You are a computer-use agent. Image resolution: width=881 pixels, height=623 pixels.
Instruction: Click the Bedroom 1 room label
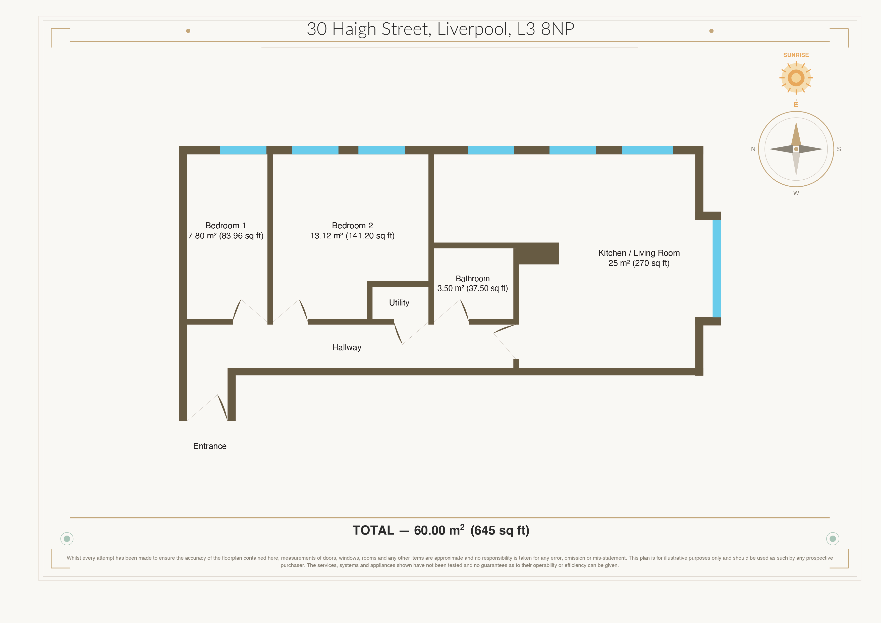coord(225,225)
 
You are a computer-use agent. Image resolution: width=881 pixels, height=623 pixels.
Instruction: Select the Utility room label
coord(399,303)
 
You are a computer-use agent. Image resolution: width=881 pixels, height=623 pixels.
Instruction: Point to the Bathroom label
coord(472,278)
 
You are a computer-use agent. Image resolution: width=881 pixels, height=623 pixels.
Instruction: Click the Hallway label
coord(347,347)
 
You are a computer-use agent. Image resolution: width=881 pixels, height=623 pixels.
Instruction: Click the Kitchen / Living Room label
coord(639,253)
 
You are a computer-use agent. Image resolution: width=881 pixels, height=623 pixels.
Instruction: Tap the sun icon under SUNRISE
coord(796,78)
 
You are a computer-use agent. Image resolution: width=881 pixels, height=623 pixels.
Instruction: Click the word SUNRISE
coord(796,55)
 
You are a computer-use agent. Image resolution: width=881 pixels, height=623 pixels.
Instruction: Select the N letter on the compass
coord(753,149)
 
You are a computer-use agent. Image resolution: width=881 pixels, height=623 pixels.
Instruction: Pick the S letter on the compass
coord(839,149)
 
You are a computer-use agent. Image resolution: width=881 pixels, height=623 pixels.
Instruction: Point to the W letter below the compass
coord(796,193)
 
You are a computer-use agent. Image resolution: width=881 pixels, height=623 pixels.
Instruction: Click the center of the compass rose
coord(796,149)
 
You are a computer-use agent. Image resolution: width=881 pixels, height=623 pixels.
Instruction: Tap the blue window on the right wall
coord(717,268)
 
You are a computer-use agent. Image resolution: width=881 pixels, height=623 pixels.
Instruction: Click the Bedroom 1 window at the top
coord(243,150)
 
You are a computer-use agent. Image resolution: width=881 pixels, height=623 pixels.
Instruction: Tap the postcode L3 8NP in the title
coord(546,29)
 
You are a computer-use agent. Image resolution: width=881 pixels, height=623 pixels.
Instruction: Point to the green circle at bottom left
coord(67,539)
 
